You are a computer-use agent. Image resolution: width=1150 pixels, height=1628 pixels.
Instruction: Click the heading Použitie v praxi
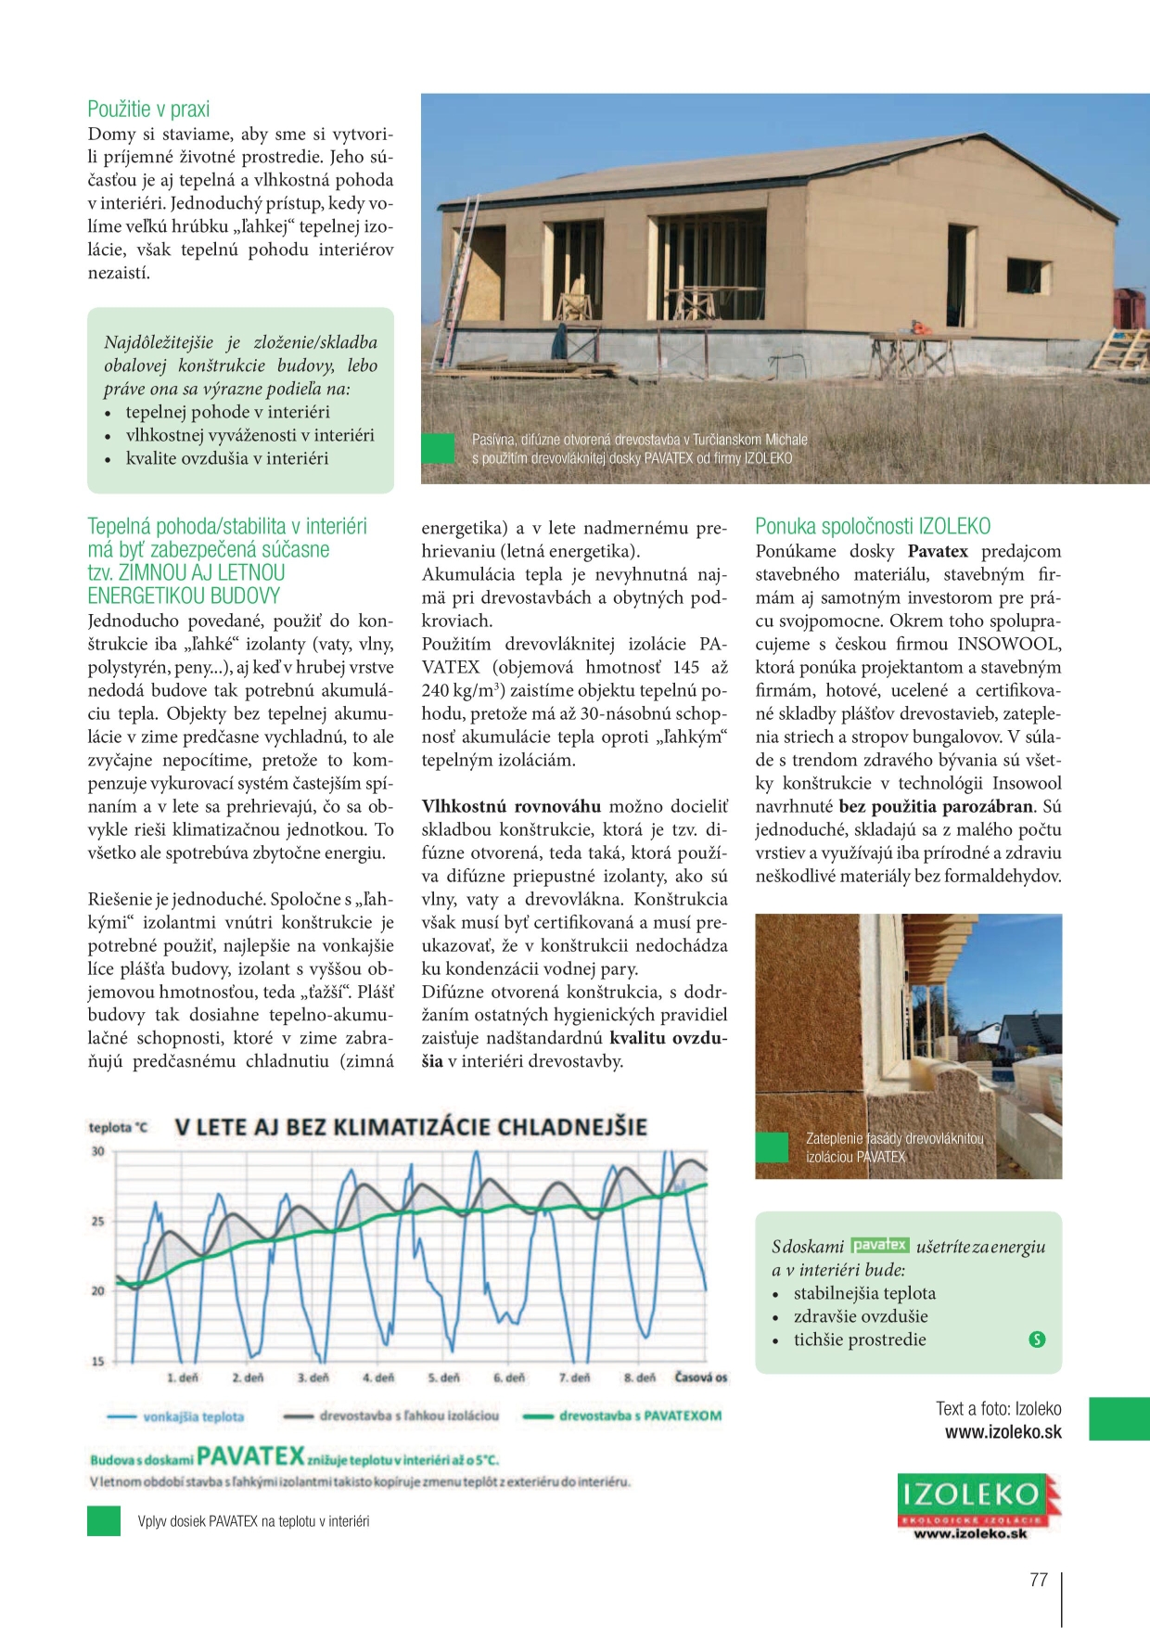click(148, 109)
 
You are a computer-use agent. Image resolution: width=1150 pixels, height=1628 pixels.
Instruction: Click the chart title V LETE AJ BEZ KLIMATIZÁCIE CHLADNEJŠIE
click(411, 1128)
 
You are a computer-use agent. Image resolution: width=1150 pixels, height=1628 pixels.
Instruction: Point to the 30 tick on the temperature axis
click(97, 1151)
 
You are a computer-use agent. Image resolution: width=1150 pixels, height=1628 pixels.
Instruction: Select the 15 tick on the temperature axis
click(97, 1361)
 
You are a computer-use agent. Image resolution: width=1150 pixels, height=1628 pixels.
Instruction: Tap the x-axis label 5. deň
click(444, 1378)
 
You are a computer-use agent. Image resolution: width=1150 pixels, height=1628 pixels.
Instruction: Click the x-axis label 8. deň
click(640, 1378)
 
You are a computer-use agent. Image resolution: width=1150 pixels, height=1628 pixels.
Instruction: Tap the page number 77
click(1039, 1579)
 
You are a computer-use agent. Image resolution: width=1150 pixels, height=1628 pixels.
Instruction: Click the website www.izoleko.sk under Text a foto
click(1003, 1431)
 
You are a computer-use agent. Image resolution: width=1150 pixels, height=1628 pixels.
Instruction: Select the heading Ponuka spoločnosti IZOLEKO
click(873, 527)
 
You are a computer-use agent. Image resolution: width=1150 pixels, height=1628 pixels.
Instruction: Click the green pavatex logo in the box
click(880, 1245)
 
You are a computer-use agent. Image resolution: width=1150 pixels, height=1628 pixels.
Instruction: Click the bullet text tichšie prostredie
click(860, 1340)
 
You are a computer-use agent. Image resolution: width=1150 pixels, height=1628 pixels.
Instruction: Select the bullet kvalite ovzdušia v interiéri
click(227, 458)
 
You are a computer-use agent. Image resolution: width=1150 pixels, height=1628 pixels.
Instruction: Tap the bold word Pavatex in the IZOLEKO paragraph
click(938, 552)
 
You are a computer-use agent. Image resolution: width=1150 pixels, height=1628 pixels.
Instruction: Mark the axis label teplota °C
click(118, 1128)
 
